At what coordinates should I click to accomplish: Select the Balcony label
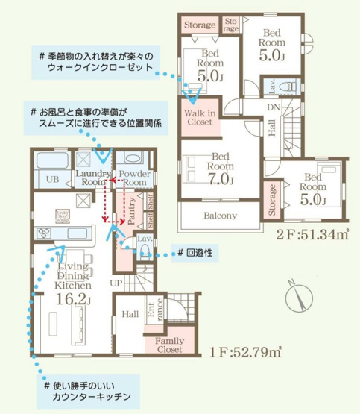tap(220, 216)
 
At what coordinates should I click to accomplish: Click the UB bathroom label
tap(53, 179)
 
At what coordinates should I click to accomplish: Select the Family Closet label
tap(169, 344)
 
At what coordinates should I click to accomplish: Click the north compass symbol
tap(299, 295)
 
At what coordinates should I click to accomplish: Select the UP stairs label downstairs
tap(117, 284)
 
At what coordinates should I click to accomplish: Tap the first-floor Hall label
tap(131, 314)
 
